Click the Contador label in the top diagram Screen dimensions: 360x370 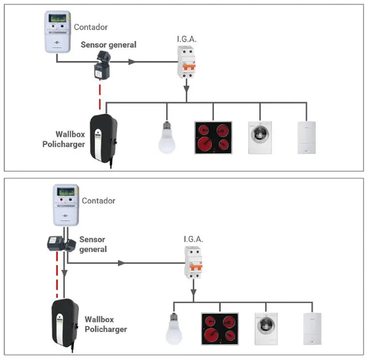(x=92, y=27)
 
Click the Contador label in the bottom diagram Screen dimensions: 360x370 (x=98, y=201)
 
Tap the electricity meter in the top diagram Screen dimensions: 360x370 (x=57, y=32)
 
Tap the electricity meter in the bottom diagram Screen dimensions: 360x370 (x=65, y=205)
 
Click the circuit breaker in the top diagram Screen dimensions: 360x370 (x=187, y=63)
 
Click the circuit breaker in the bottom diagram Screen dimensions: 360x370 (x=194, y=263)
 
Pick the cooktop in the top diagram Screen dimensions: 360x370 (x=213, y=137)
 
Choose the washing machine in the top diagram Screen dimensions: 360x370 (x=260, y=137)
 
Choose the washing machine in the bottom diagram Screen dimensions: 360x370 (x=266, y=329)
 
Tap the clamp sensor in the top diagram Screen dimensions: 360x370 (x=104, y=66)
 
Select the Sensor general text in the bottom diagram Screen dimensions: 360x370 (x=93, y=244)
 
